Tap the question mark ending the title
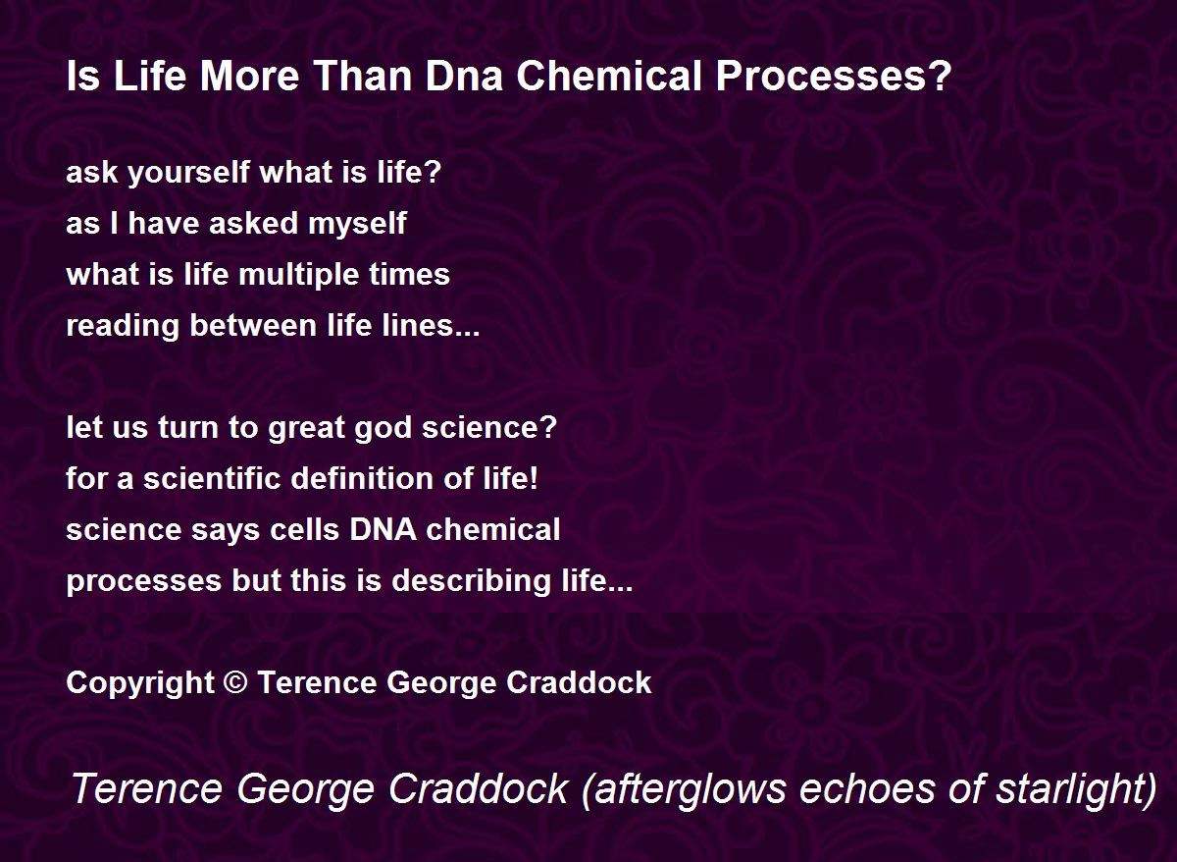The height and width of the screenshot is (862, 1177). [941, 76]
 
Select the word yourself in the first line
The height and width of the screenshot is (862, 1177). [189, 172]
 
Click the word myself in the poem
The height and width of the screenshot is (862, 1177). [357, 223]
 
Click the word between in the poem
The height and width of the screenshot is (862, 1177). [254, 325]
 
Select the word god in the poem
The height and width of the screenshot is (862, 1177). [384, 427]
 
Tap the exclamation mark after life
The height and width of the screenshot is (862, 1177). [534, 478]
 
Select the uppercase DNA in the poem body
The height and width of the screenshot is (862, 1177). [384, 529]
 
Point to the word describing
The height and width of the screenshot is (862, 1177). [471, 580]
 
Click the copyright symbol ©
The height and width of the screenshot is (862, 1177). [235, 682]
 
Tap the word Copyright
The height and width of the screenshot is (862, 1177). [140, 682]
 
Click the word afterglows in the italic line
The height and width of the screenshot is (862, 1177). [685, 788]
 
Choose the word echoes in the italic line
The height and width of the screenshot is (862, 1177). [867, 788]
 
